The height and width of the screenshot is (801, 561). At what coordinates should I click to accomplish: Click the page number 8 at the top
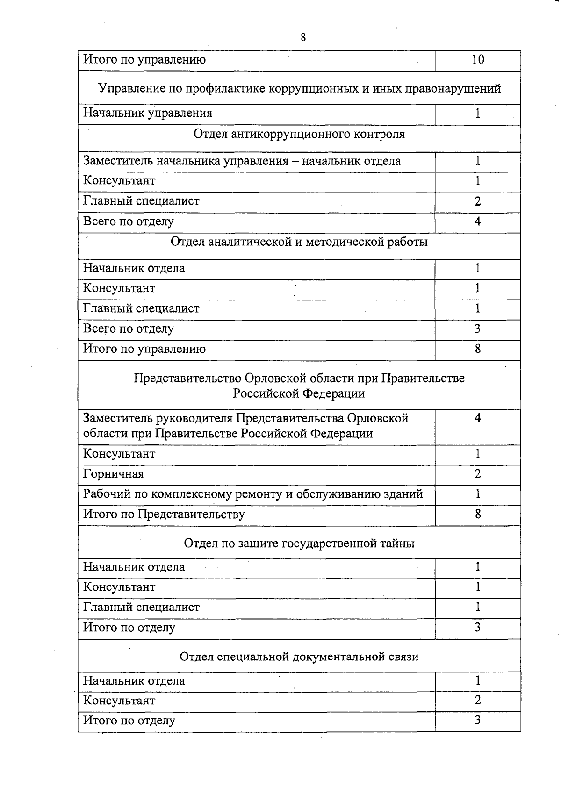coord(303,38)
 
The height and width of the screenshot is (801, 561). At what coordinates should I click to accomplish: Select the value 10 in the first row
coord(478,60)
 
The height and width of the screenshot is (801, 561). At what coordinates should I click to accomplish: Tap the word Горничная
coord(114,474)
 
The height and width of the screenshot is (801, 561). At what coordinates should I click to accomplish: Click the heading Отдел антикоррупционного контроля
coord(299,135)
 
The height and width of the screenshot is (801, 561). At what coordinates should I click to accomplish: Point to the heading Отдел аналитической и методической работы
coord(299,242)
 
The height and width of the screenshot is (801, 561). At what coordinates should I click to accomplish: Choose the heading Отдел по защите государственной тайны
coord(299,544)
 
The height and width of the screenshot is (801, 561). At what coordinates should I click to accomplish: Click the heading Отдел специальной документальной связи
coord(299,657)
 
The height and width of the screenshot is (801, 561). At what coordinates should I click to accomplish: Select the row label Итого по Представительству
coord(164,515)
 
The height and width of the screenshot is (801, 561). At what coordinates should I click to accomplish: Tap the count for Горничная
coord(478,474)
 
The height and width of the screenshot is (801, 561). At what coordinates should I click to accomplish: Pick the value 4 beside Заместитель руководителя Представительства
coord(478,418)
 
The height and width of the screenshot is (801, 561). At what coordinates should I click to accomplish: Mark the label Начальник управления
coord(148,113)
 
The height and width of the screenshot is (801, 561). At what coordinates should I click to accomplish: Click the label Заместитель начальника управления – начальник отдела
coord(242,161)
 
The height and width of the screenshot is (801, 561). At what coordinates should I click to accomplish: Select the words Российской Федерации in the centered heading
coord(299,393)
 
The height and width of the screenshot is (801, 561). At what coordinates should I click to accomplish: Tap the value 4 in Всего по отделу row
coord(478,222)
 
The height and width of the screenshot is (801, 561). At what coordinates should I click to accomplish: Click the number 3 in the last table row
coord(478,720)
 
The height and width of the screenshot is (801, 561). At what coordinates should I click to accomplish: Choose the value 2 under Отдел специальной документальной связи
coord(478,700)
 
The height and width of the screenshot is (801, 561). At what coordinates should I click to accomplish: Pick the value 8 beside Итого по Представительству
coord(478,515)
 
